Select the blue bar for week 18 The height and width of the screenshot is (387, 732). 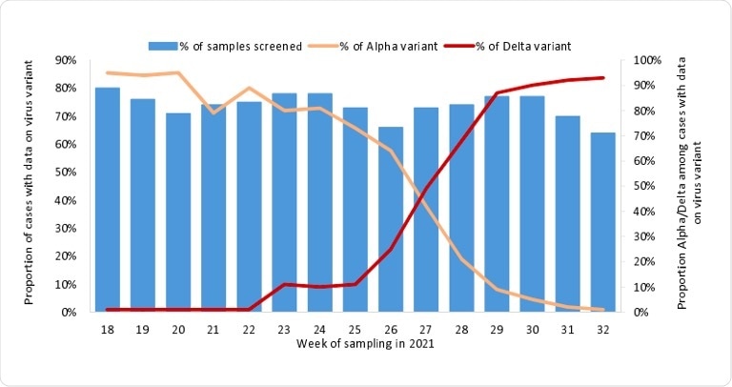tap(108, 200)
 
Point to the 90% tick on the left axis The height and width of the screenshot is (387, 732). tap(67, 60)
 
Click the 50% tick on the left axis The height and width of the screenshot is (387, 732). tap(67, 172)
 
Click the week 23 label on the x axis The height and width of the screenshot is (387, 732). tap(285, 327)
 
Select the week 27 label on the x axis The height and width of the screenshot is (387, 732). tap(426, 327)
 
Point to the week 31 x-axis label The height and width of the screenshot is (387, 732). tap(568, 327)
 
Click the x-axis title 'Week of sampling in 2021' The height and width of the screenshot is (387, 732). tap(365, 342)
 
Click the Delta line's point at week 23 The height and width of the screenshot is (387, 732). tap(285, 284)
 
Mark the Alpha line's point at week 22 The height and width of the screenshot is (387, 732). tap(250, 88)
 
